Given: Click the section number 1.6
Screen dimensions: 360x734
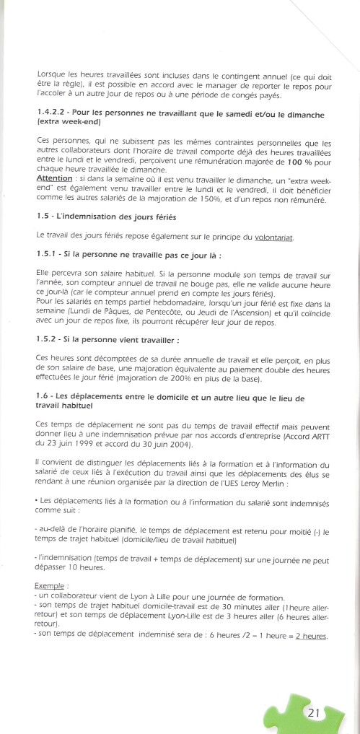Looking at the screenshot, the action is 42,398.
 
